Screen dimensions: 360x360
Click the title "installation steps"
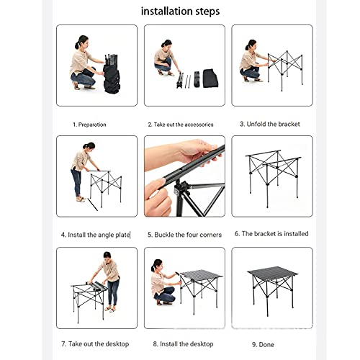pos(180,12)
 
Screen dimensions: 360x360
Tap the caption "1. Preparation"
pos(89,125)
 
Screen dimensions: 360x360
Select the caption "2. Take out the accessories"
pos(181,125)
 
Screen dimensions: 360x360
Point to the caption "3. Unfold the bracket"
pos(270,124)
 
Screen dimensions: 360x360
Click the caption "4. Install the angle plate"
pos(96,235)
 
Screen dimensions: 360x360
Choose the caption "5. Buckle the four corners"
pos(184,235)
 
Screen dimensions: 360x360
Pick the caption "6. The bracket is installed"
pos(271,234)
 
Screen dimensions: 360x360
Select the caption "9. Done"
pos(263,345)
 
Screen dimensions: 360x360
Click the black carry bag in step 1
pos(112,77)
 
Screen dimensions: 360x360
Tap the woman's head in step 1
pos(81,42)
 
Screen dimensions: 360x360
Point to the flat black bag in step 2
pos(210,78)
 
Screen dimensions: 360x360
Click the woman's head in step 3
pos(251,45)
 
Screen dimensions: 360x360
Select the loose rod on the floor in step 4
pos(92,204)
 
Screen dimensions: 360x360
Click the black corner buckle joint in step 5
pos(181,189)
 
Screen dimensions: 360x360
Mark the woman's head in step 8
pos(157,266)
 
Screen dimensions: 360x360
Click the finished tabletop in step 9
pos(272,271)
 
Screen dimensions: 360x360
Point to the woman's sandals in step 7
pos(110,310)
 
